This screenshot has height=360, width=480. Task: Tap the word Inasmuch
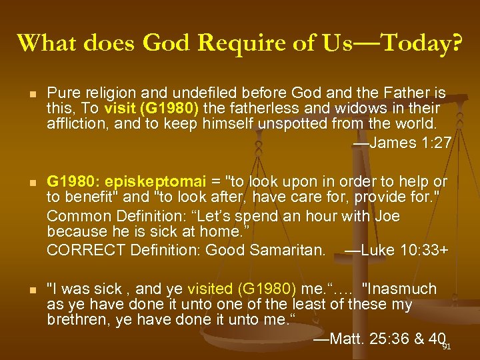click(x=399, y=289)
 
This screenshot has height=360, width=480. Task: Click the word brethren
click(x=75, y=319)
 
